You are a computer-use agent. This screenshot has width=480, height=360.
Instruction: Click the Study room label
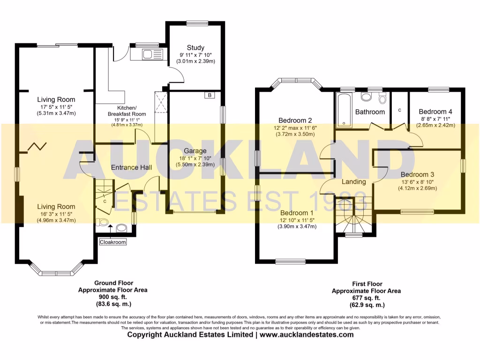195,48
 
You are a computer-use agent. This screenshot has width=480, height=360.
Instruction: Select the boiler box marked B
210,95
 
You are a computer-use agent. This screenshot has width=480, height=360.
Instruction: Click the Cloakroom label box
112,242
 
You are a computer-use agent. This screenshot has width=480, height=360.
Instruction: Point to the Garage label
195,151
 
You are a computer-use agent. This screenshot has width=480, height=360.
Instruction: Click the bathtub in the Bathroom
345,111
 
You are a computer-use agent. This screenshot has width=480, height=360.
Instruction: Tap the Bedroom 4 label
435,112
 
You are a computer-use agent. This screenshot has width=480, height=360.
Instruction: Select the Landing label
353,182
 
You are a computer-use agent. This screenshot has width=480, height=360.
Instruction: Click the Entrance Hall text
131,167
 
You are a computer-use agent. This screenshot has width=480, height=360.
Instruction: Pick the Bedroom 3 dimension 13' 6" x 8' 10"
418,181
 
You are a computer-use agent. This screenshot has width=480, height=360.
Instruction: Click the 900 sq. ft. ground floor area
112,297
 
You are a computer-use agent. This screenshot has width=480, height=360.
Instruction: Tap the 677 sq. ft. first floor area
366,298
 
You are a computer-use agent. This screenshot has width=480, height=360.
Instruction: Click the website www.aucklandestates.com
307,335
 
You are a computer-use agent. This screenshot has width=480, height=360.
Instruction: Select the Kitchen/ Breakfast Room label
127,111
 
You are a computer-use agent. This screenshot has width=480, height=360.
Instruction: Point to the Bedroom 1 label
297,213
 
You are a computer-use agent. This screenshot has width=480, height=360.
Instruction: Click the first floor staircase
354,215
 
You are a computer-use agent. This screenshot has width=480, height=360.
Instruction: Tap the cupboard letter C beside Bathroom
399,110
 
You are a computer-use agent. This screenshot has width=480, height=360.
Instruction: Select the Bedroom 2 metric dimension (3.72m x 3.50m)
295,135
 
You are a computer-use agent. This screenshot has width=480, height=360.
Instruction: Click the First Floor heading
367,284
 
